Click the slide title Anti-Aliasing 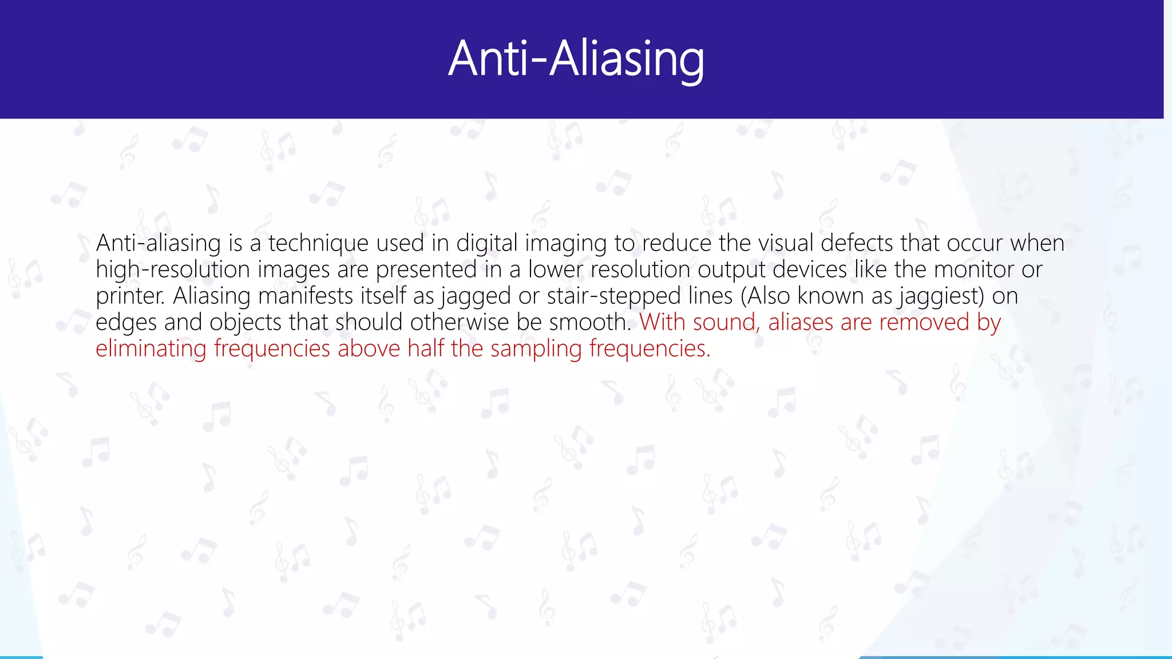pos(576,59)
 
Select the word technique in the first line pos(319,244)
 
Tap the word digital pos(487,244)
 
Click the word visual pos(786,244)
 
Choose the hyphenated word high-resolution pos(173,270)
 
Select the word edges pos(126,323)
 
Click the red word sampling pos(536,349)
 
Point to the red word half pos(426,349)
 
